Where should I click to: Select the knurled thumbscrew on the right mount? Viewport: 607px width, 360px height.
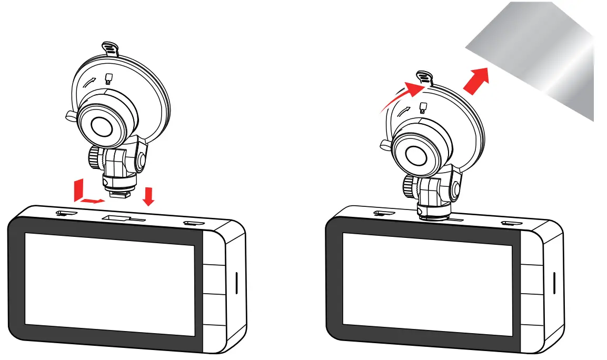[x=409, y=185]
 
